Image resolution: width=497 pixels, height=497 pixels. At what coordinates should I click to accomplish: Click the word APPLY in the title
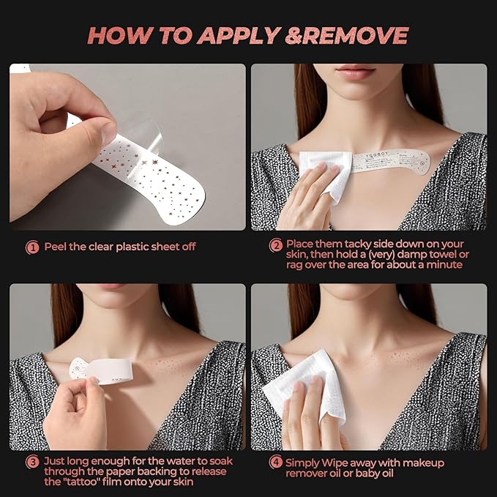[239, 35]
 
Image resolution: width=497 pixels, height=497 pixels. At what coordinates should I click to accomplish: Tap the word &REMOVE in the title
[347, 35]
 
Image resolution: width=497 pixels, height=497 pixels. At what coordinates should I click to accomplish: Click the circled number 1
[32, 247]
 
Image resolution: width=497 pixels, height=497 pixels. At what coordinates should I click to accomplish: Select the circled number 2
[276, 245]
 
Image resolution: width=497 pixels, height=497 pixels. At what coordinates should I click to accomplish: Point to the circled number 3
[32, 462]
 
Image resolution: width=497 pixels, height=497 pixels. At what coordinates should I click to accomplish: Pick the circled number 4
[276, 462]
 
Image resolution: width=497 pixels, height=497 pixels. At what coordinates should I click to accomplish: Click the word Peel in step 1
[55, 247]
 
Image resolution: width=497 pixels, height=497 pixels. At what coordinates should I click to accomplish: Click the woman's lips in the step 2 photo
[355, 71]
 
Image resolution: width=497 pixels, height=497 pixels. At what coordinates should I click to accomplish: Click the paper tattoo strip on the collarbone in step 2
[391, 161]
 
